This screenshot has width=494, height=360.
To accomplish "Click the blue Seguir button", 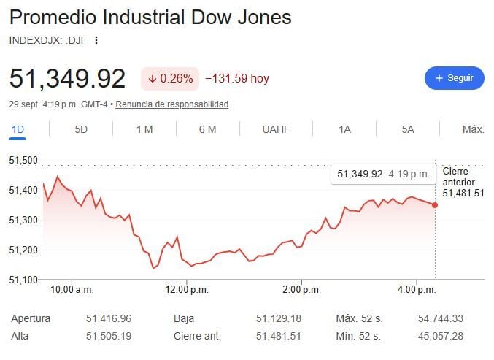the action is tap(455, 78).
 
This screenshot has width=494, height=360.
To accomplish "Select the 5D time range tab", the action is tap(81, 129).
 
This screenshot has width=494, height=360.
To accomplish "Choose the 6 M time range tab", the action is tap(208, 129).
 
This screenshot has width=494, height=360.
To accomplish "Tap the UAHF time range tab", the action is tap(276, 129).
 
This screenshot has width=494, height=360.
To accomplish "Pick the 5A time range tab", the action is tap(408, 129).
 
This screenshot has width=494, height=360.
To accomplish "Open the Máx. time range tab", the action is tap(474, 129).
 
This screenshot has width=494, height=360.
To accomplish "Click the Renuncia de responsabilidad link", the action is tap(172, 104).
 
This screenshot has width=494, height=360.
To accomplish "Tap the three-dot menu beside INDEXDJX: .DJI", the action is tap(96, 40).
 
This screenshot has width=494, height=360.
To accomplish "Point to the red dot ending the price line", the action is tap(435, 205).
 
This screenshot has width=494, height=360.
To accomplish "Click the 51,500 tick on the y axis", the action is tap(23, 161).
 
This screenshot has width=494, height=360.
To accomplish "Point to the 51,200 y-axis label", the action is tap(23, 250).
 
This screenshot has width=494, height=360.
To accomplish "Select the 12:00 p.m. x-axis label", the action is tap(187, 289).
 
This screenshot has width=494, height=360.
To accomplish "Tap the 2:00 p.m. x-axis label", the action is tap(302, 289).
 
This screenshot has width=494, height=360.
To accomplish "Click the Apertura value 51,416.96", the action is tap(109, 318).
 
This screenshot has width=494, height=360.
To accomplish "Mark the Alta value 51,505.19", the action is tap(109, 336).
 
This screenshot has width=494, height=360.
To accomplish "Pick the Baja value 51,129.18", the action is tap(279, 318).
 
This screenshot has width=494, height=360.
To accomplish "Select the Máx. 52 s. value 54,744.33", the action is tap(441, 318).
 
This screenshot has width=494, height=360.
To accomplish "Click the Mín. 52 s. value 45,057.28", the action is tap(441, 336).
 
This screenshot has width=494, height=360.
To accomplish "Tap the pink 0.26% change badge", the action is tap(170, 78).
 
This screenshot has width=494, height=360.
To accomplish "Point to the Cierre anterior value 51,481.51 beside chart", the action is tap(463, 193).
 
